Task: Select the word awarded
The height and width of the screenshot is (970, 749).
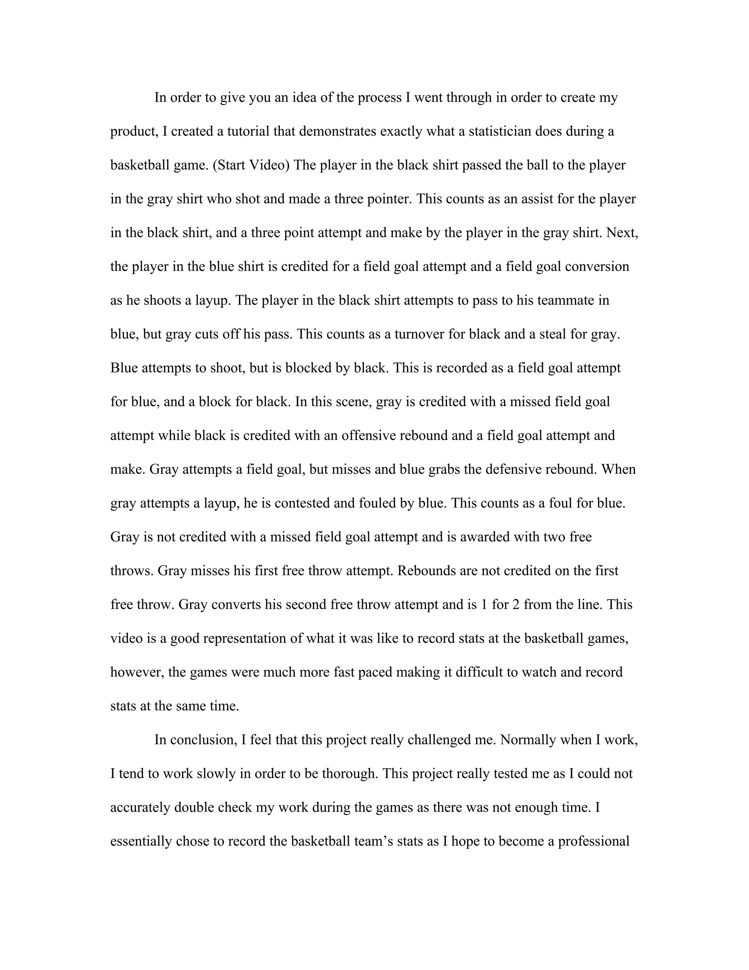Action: [485, 537]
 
